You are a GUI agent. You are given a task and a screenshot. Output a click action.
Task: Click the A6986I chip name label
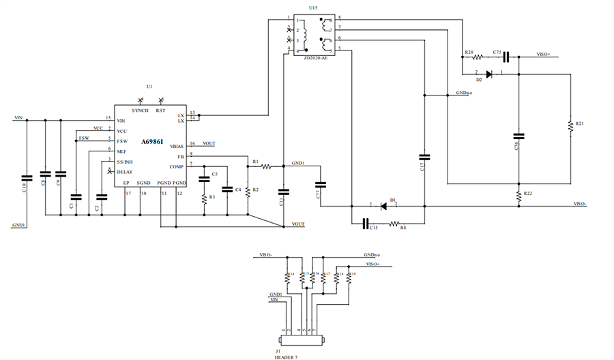pos(152,141)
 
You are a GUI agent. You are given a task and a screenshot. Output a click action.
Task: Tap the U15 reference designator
pos(312,7)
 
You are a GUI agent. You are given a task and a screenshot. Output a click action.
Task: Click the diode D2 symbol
pos(488,74)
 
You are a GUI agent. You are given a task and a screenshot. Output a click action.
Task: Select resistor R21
pos(570,127)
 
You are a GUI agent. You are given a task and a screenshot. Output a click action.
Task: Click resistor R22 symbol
pos(518,195)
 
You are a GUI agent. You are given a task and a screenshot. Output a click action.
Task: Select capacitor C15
pos(366,223)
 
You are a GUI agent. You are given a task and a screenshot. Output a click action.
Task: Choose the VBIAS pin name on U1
pos(177,147)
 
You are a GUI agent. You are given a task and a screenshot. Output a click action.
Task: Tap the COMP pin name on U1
pos(177,166)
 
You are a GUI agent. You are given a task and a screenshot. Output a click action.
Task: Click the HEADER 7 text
pos(286,356)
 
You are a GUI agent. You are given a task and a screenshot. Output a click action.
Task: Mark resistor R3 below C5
pos(204,198)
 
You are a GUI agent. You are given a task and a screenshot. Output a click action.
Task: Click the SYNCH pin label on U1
pos(140,110)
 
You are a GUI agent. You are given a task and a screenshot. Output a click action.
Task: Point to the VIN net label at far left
pos(18,118)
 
